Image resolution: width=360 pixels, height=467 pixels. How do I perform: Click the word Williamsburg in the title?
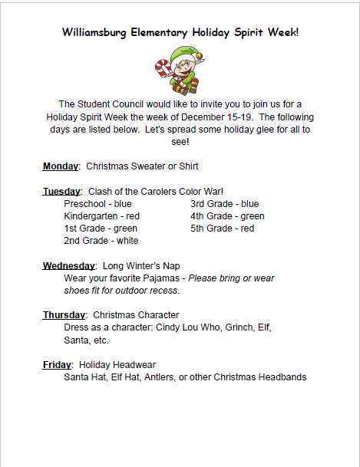click(x=94, y=32)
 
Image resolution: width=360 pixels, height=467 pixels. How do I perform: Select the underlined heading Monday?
click(x=61, y=166)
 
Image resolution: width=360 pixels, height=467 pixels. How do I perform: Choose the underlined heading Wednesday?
click(x=69, y=265)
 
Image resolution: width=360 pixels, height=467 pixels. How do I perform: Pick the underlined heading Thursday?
click(x=64, y=315)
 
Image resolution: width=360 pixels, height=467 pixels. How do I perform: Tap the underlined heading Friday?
click(x=57, y=364)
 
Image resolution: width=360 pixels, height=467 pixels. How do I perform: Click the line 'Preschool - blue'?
click(x=97, y=203)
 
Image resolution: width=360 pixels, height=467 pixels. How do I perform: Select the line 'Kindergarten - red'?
click(x=101, y=215)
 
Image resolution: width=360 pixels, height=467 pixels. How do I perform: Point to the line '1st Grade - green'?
click(x=101, y=228)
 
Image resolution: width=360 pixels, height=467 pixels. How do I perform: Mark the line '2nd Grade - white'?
click(x=101, y=241)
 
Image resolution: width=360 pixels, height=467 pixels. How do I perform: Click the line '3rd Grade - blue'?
click(x=224, y=203)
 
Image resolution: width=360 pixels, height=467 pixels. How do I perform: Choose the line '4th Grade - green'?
click(x=227, y=215)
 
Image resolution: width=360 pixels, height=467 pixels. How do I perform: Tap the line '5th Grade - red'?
click(x=222, y=228)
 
